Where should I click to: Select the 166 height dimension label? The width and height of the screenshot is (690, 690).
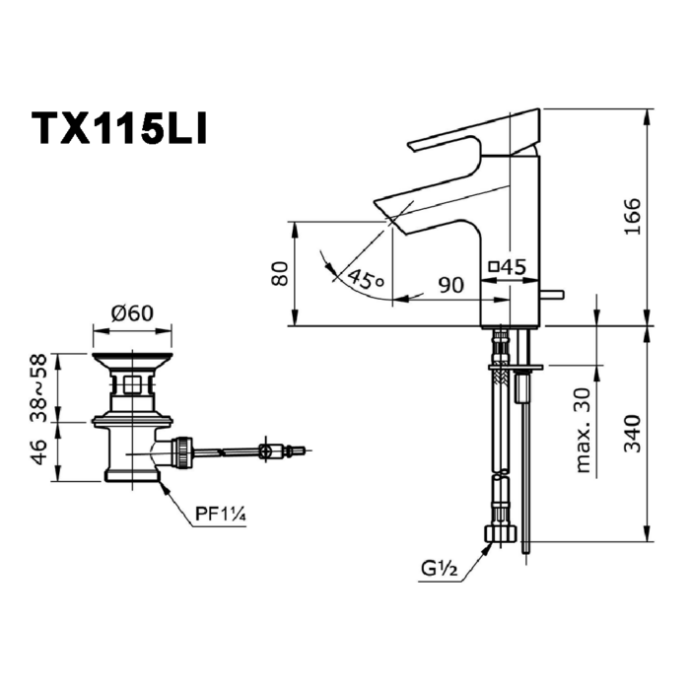[631, 217]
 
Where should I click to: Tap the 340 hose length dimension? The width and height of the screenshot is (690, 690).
[631, 434]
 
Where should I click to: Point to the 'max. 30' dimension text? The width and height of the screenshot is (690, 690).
[584, 430]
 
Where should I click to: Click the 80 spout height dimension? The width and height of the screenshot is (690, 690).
[280, 273]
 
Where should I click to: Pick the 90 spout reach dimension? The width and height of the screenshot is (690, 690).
[450, 285]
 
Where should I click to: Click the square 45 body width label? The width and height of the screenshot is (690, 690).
[509, 266]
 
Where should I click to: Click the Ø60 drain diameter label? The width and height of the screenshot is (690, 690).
[132, 313]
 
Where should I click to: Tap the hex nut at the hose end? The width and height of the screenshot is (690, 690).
[501, 534]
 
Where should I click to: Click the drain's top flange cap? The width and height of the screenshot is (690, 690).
[131, 358]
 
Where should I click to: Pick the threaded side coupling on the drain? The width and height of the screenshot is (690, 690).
[181, 453]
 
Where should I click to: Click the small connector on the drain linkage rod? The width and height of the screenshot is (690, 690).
[264, 452]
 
